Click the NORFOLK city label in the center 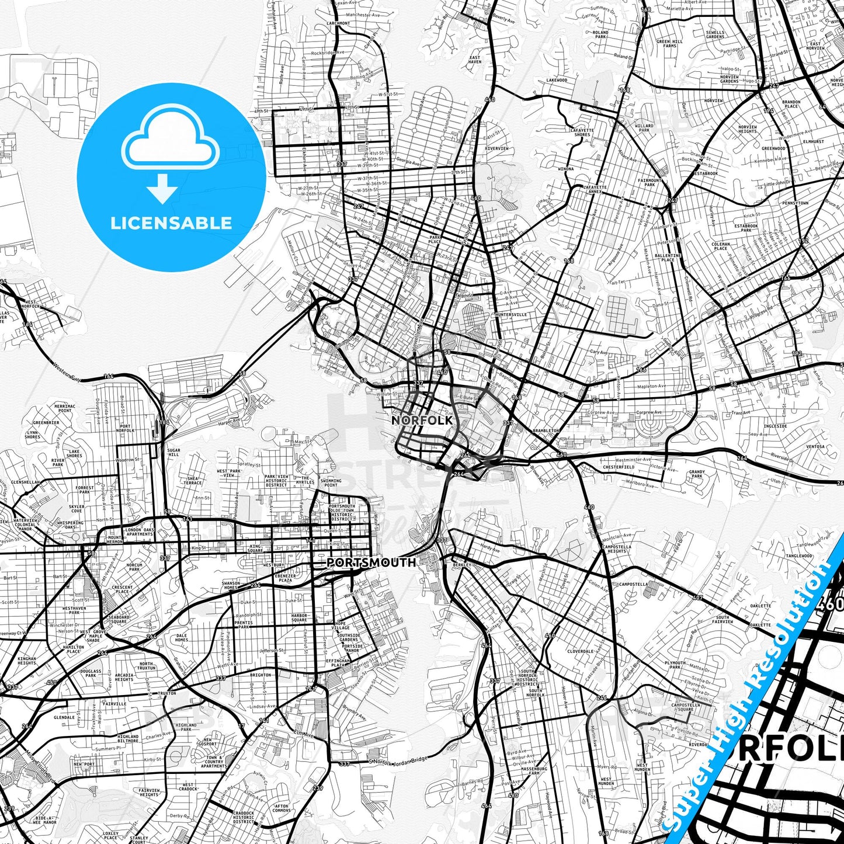tap(422, 420)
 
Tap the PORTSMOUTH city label tap(371, 562)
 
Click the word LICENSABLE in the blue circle tap(171, 223)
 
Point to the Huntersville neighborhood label tap(510, 314)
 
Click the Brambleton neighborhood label tap(546, 430)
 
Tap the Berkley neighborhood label tap(461, 565)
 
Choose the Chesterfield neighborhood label tap(618, 467)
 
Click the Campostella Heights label tap(616, 548)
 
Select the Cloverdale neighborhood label tap(580, 651)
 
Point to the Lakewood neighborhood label tap(557, 80)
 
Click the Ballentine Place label tap(668, 258)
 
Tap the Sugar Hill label tap(173, 452)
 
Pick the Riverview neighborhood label tap(496, 148)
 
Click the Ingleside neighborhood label tap(775, 426)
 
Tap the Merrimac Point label tap(65, 408)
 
